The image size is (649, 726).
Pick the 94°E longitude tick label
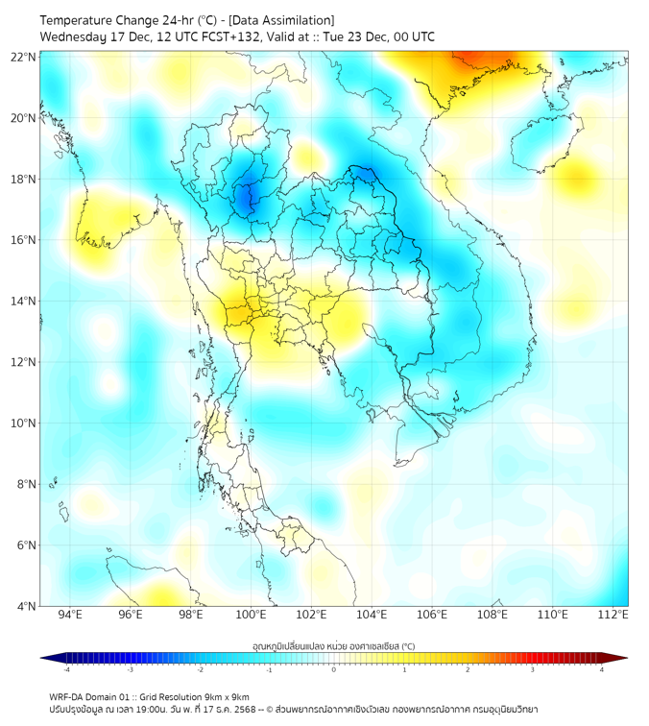70,615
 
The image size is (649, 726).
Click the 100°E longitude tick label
251,615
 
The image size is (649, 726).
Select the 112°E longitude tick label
613,615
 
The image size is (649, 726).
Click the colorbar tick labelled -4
66,669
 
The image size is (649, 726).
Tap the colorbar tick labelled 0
334,669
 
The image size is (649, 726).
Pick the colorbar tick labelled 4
602,669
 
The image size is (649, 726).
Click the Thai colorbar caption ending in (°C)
333,645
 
